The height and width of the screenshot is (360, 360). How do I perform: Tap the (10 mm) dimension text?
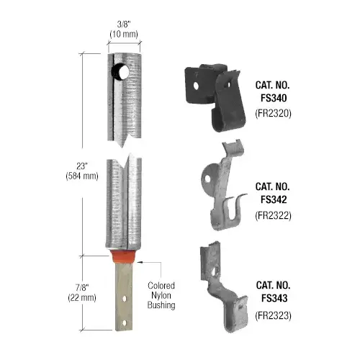coord(124,33)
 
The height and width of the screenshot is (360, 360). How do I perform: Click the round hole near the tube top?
coord(118,72)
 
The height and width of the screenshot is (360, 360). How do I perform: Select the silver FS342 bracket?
coord(220,187)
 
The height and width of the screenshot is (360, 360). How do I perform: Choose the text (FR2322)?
coord(272,214)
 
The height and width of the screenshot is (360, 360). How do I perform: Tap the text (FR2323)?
coord(272,315)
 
